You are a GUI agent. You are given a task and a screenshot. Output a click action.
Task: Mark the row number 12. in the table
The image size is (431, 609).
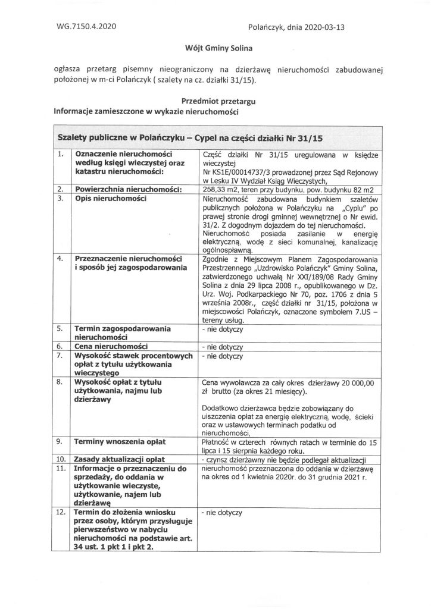coord(60,511)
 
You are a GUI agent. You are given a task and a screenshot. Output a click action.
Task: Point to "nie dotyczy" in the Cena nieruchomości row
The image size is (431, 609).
coord(223,346)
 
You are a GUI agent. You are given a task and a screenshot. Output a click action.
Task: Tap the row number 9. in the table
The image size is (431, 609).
coord(59,442)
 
